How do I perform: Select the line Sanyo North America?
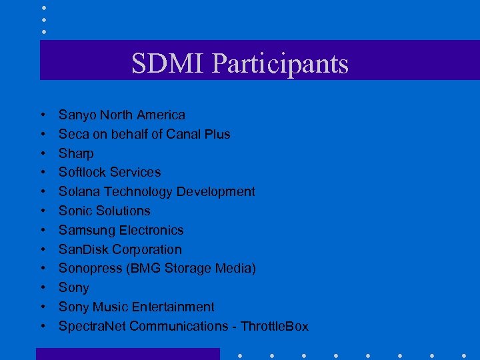pos(122,115)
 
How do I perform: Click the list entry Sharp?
pos(76,153)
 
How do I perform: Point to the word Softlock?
pos(81,172)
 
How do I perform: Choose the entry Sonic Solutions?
pos(105,211)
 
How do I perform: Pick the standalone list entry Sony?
pos(73,287)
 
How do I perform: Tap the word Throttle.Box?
pos(275,326)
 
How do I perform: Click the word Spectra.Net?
pos(92,326)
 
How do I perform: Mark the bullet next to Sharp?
pos(43,153)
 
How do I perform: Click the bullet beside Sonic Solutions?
pos(43,211)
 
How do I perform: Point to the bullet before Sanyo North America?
pos(43,115)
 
